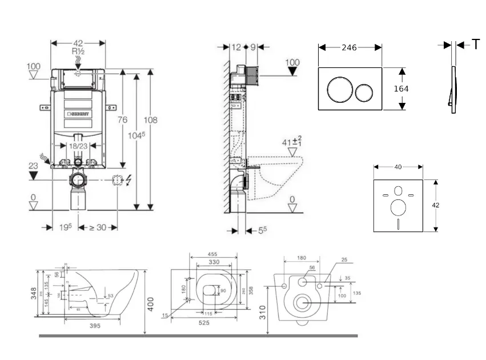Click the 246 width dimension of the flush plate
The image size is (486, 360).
[x=349, y=47]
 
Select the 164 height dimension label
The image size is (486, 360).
[x=401, y=89]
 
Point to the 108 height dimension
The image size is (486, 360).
[x=150, y=121]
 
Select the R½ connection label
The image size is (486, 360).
[x=78, y=51]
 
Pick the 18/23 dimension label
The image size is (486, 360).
[x=78, y=147]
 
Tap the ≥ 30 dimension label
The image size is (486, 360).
[x=98, y=227]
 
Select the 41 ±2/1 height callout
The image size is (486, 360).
[x=291, y=141]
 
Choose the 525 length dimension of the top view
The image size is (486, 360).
[x=203, y=322]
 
